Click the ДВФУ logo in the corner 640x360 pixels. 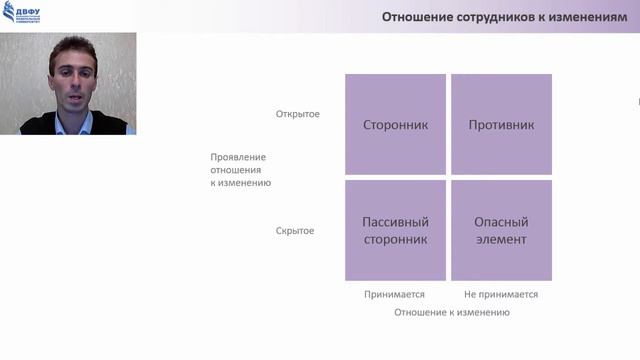pos(21,13)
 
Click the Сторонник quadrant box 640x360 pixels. pos(395,125)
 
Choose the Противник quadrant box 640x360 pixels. pos(501,125)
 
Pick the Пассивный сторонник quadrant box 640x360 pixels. pos(395,230)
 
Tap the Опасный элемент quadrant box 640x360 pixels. pos(501,230)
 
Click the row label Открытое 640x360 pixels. pos(298,114)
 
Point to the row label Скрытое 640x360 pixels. pos(295,231)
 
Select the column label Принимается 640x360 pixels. pos(395,294)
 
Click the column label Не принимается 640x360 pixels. pos(501,294)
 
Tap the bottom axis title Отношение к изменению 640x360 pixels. pos(452,312)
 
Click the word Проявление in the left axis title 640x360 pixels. pos(238,157)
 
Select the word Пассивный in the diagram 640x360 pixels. pos(395,222)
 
